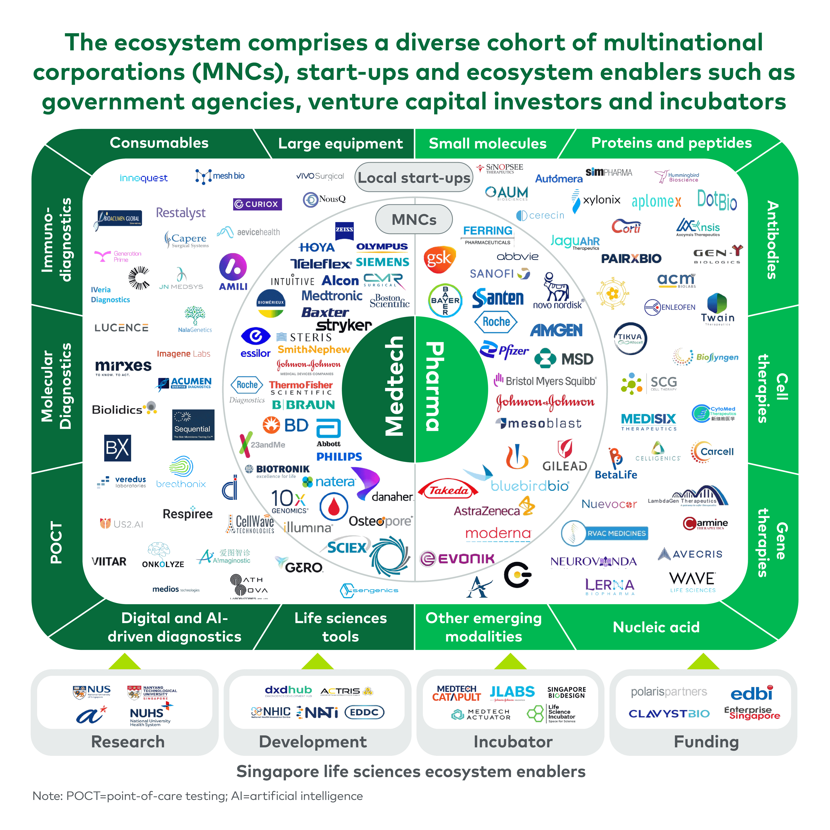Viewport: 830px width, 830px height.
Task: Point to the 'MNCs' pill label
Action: coord(414,220)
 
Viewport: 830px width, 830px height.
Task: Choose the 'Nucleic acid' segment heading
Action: coord(656,627)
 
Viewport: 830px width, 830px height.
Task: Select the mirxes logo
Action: coord(123,366)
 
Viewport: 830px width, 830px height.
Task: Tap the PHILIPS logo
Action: coord(339,457)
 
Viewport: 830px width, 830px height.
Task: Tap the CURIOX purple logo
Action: coord(257,204)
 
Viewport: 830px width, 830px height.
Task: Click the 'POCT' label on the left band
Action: coord(56,542)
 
